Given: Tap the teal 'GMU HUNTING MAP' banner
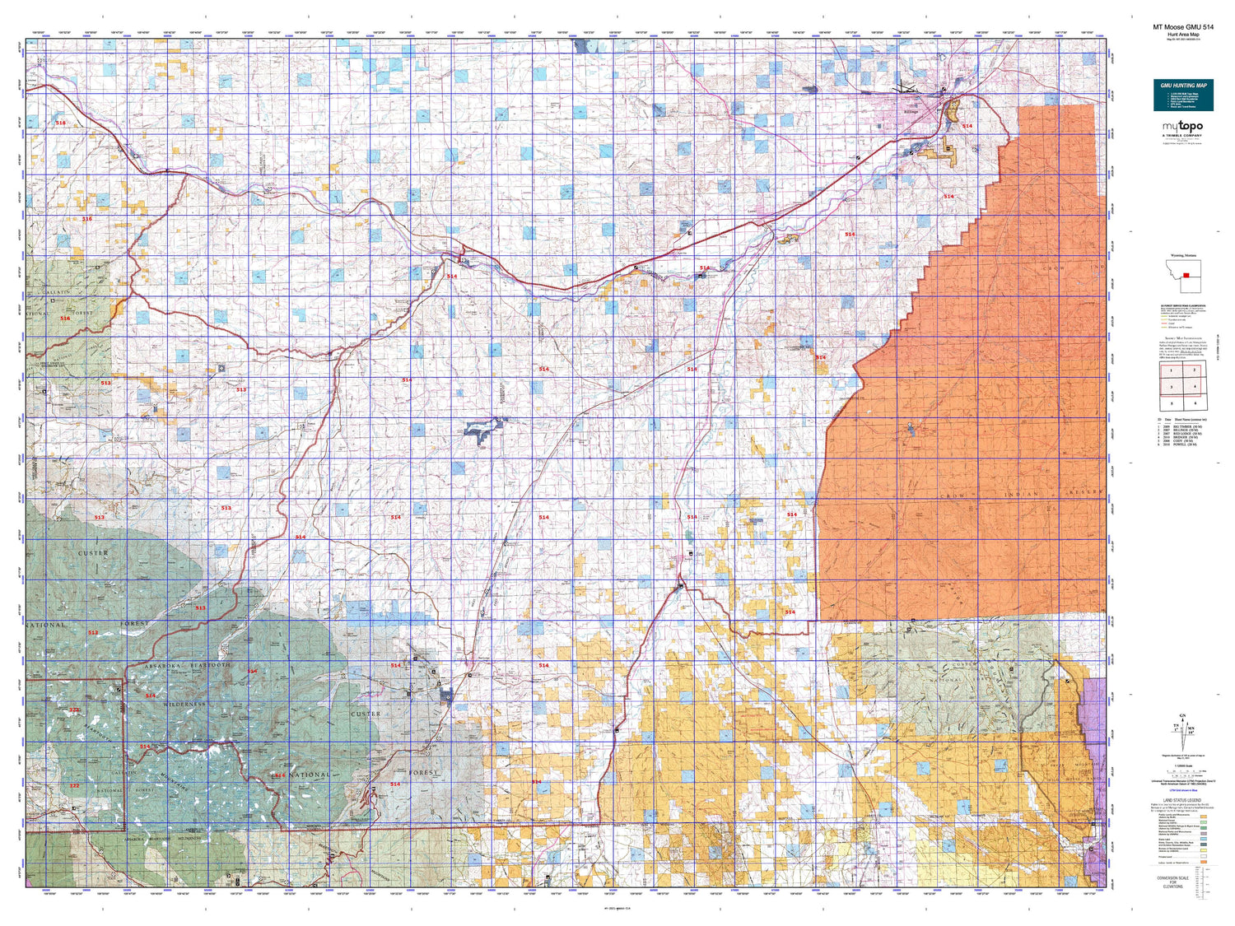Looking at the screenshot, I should tap(1183, 86).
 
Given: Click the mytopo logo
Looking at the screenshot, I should tap(1182, 127).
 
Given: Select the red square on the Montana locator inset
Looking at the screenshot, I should tap(1186, 276).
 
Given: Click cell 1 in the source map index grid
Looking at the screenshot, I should tap(1171, 371).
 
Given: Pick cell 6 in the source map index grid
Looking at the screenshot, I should tap(1194, 403).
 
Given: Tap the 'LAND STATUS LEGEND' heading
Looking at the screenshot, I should tap(1181, 799).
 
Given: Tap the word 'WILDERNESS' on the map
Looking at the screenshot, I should tap(184, 705).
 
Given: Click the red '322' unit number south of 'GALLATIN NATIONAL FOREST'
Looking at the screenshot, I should tap(74, 785).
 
